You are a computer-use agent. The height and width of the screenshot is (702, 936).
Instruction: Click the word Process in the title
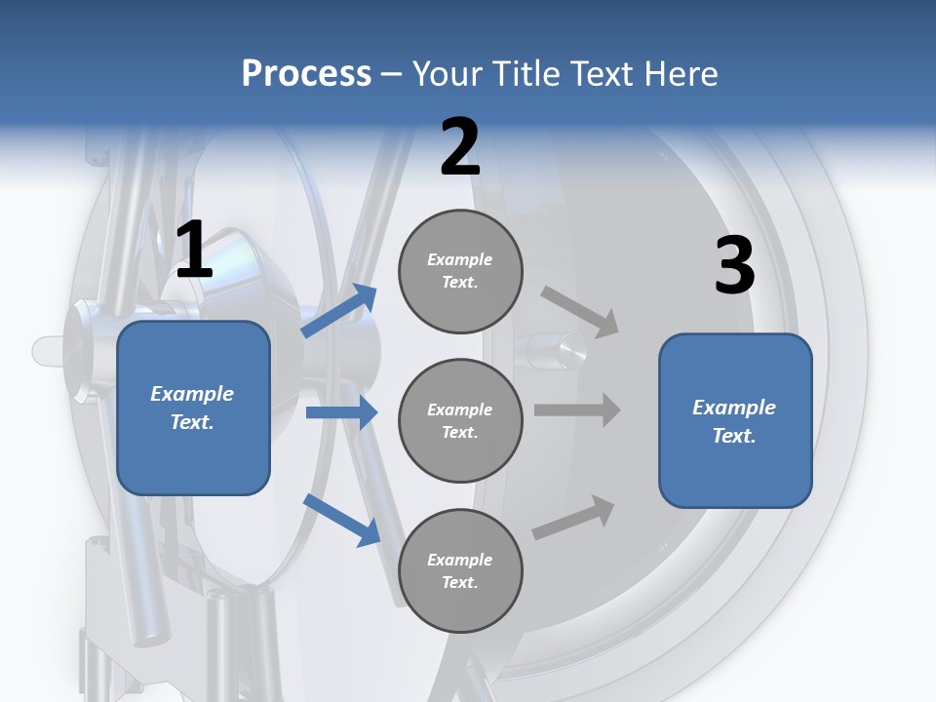click(x=306, y=74)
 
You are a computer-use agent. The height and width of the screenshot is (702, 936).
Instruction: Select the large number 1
click(x=194, y=252)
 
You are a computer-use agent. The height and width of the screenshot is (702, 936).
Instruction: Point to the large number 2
click(x=460, y=148)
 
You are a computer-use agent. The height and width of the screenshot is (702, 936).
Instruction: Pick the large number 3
click(x=734, y=266)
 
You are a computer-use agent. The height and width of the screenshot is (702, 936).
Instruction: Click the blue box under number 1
click(x=193, y=408)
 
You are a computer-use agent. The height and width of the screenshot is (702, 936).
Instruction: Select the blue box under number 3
click(x=735, y=420)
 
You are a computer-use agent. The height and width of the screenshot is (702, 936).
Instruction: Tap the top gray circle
click(x=460, y=271)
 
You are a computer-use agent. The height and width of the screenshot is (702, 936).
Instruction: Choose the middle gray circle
click(x=460, y=420)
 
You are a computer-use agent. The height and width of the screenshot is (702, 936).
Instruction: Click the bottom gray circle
click(x=460, y=570)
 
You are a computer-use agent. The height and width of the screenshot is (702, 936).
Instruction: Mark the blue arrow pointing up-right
click(x=340, y=310)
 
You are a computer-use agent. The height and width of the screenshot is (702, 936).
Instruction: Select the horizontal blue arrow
click(x=341, y=412)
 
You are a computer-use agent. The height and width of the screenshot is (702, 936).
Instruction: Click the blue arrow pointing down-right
click(x=342, y=520)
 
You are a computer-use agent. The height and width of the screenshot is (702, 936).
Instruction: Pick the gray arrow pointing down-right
click(x=580, y=312)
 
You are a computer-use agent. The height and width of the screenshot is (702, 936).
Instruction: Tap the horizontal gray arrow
click(x=577, y=409)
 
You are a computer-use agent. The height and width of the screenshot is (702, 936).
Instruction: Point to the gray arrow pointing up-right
click(x=574, y=516)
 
